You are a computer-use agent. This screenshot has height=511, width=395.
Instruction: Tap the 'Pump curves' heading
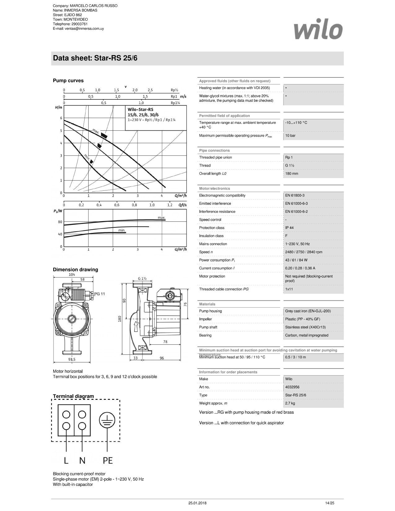pyautogui.click(x=68, y=81)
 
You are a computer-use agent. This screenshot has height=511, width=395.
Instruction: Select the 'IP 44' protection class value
pyautogui.click(x=289, y=228)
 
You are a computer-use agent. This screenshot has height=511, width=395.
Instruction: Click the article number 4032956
pyautogui.click(x=292, y=387)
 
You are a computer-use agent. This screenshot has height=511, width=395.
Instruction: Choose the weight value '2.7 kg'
pyautogui.click(x=290, y=403)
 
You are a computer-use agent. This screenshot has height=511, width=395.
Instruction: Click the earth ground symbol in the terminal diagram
pyautogui.click(x=107, y=420)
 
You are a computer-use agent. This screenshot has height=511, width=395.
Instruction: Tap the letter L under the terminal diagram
pyautogui.click(x=66, y=461)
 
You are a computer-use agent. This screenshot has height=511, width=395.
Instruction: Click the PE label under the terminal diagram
pyautogui.click(x=108, y=461)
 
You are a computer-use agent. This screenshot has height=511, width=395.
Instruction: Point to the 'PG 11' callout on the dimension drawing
pyautogui.click(x=99, y=294)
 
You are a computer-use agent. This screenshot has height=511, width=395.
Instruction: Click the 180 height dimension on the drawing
pyautogui.click(x=120, y=319)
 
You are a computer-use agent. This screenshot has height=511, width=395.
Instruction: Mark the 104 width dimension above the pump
pyautogui.click(x=72, y=274)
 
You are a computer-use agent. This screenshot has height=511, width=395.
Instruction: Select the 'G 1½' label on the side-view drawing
pyautogui.click(x=142, y=278)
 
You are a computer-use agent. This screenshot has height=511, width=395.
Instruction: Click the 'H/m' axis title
pyautogui.click(x=59, y=107)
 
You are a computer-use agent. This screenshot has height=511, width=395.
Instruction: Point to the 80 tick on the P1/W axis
pyautogui.click(x=60, y=222)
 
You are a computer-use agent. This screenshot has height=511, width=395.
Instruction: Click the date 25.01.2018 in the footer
pyautogui.click(x=197, y=503)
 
